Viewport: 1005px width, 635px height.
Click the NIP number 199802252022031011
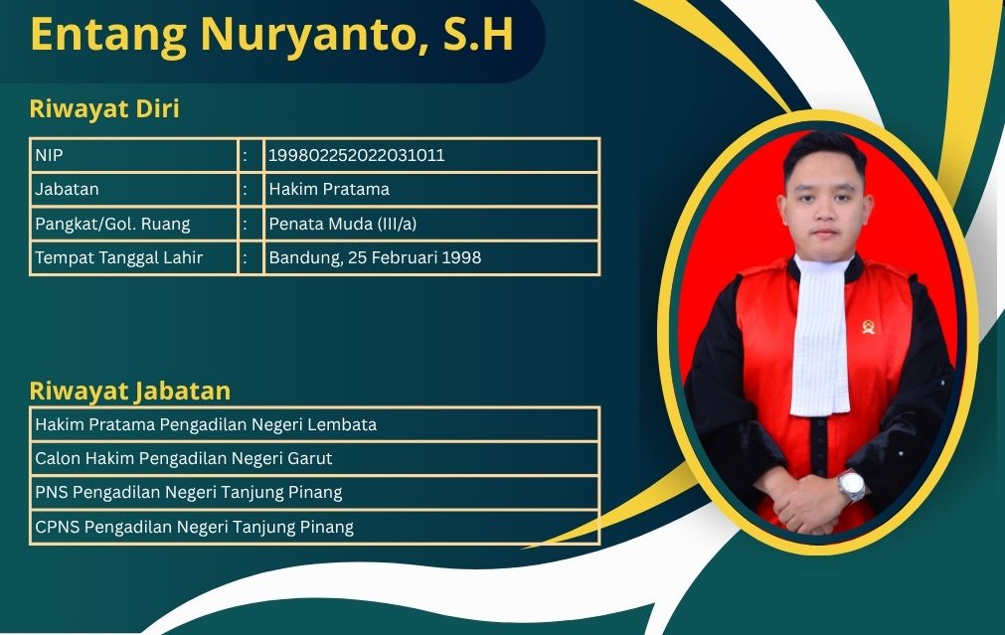click(356, 155)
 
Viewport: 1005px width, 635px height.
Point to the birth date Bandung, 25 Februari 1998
click(375, 257)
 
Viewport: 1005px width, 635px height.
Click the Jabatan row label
click(67, 189)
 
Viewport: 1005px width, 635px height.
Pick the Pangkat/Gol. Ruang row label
click(112, 224)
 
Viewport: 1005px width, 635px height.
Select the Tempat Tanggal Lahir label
click(118, 257)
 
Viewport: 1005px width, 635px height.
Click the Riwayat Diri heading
click(104, 109)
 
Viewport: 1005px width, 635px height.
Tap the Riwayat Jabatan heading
click(130, 391)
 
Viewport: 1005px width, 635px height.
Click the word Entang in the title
click(108, 35)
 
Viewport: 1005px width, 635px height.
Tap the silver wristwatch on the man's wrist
click(852, 486)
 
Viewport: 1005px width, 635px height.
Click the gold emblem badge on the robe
click(869, 327)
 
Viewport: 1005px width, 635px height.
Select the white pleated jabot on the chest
click(820, 336)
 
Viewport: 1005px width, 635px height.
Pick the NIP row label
click(49, 155)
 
